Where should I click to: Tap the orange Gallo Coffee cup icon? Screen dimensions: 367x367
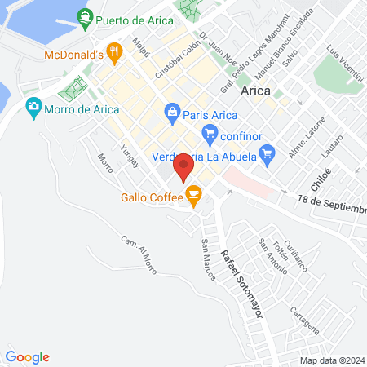click(193, 193)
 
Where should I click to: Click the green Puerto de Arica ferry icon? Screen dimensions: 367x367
click(84, 16)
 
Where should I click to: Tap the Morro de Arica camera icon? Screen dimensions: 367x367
click(33, 105)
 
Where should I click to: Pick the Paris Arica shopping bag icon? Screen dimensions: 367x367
click(172, 112)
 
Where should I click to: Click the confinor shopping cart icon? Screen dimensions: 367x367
click(210, 133)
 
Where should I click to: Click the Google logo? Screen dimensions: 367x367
click(28, 356)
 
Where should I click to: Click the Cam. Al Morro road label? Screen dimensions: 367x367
click(139, 254)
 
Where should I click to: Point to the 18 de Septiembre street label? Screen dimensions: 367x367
click(331, 205)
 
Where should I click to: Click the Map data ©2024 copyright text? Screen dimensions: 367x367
click(331, 360)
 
